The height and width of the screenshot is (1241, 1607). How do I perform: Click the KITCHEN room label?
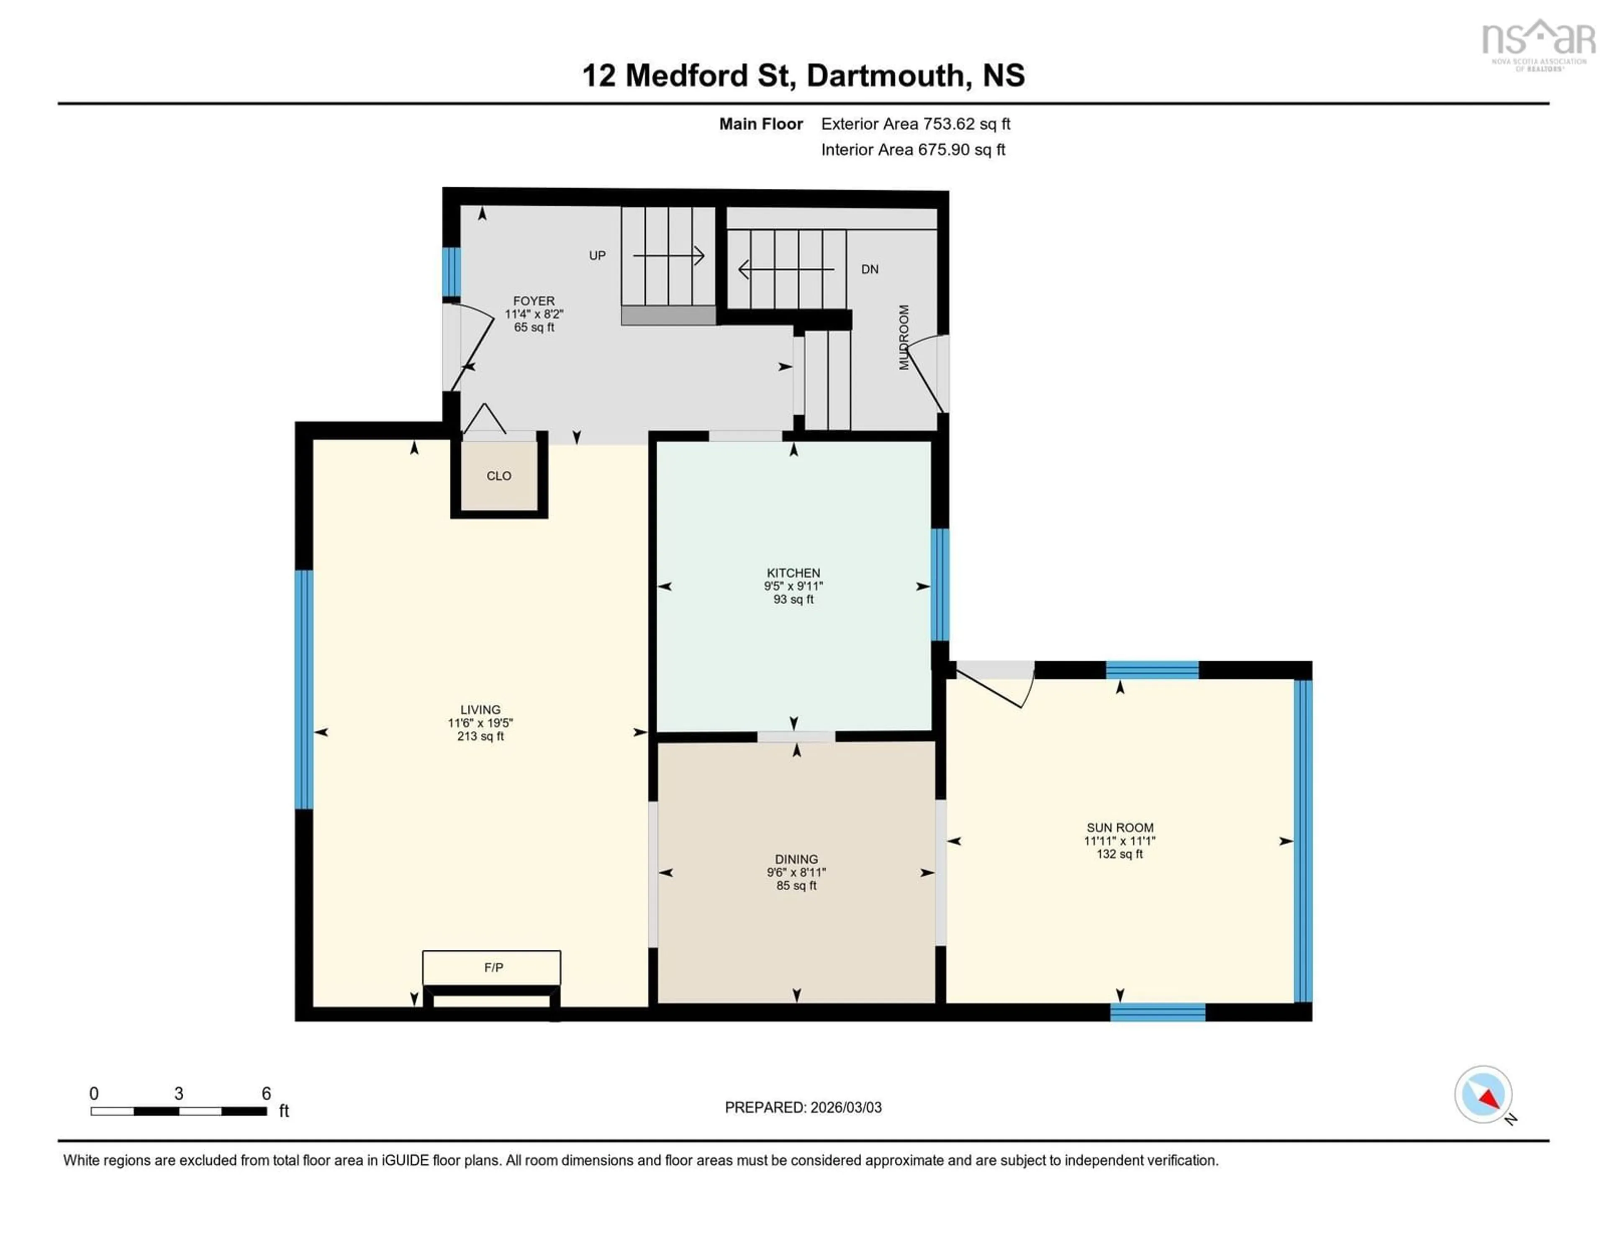pos(793,572)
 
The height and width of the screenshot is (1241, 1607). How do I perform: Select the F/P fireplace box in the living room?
pos(492,967)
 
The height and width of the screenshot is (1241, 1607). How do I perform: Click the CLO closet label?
pos(499,476)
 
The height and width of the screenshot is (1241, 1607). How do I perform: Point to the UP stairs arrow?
pos(668,256)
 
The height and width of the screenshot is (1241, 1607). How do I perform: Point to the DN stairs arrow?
pos(786,269)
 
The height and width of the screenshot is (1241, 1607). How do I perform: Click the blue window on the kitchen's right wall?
pos(940,585)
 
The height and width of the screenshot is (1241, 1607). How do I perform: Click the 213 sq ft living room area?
pos(480,736)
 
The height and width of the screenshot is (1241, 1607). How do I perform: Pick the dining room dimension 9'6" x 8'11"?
pos(796,872)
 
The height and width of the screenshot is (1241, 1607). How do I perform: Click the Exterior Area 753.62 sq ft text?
pos(915,123)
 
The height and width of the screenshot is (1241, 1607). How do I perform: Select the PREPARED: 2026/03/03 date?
pos(803,1107)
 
